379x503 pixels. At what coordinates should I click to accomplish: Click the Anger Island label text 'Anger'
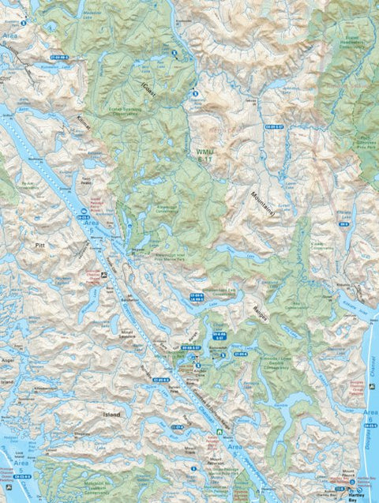pyautogui.click(x=9, y=360)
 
